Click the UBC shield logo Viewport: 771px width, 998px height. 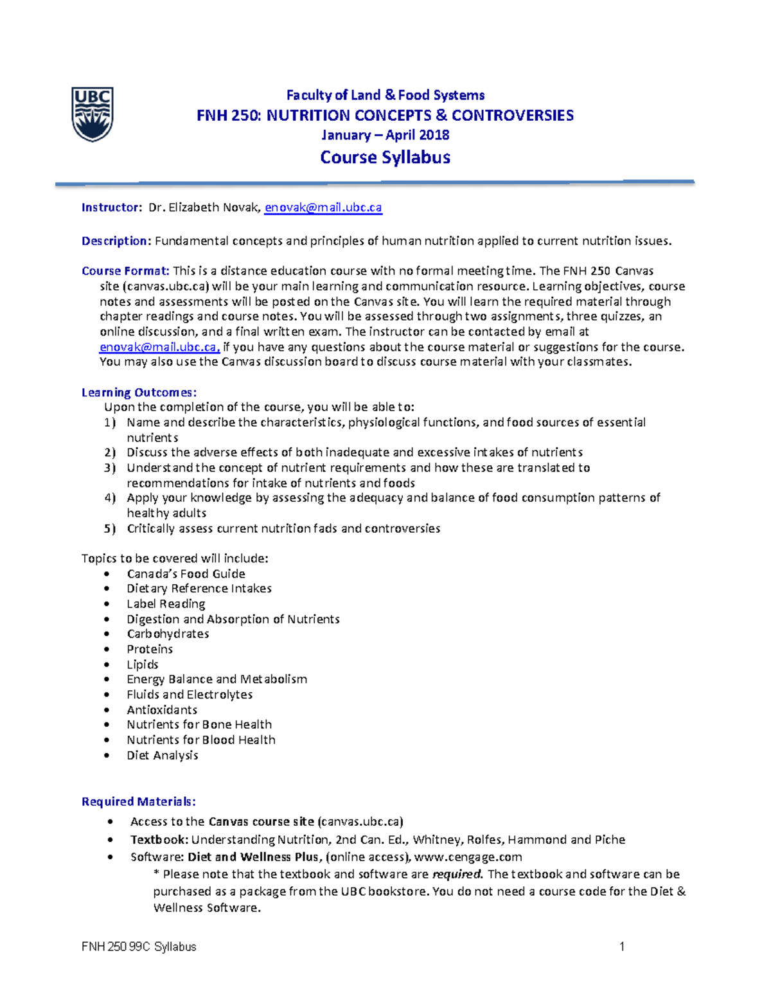[93, 114]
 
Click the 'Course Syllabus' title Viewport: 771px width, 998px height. [385, 157]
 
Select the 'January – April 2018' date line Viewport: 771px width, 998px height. [385, 135]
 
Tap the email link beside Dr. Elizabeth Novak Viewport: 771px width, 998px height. [323, 208]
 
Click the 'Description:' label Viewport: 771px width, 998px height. [116, 241]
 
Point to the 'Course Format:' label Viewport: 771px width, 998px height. [125, 271]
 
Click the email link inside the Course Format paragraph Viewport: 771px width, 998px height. [159, 347]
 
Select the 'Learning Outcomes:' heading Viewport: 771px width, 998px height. [139, 392]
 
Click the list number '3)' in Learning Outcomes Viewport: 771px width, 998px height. [110, 468]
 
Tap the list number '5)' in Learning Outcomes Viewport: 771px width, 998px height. [110, 528]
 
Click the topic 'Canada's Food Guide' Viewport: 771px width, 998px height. [186, 574]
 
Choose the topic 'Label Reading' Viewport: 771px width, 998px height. [166, 604]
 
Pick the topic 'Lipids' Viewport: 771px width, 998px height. [142, 664]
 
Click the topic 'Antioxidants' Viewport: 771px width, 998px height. [162, 710]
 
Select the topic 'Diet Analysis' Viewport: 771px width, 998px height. [162, 755]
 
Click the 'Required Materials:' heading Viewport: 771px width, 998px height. [138, 801]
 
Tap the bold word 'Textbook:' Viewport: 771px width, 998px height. [159, 840]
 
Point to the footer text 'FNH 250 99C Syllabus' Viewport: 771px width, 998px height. [139, 947]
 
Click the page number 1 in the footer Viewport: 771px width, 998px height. [621, 947]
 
